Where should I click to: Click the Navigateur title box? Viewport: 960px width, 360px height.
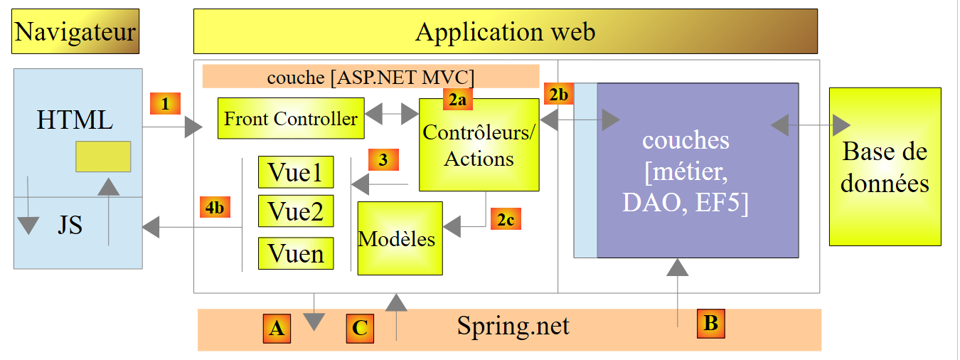pos(75,32)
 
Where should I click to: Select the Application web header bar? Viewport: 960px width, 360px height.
pos(505,32)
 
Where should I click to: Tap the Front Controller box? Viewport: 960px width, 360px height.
pos(291,118)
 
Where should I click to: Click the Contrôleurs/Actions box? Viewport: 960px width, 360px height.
pos(479,145)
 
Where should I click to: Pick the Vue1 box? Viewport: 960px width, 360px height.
pos(295,173)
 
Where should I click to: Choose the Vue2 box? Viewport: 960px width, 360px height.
pos(295,211)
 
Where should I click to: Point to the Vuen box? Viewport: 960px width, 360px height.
pos(295,253)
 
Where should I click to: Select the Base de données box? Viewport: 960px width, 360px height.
pos(885,166)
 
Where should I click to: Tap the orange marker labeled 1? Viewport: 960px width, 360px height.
pos(165,104)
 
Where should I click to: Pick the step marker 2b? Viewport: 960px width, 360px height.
pos(558,94)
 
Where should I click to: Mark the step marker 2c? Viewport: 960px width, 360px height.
pos(505,219)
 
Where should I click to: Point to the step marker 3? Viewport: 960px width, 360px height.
pos(383,160)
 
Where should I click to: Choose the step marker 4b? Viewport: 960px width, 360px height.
pos(215,206)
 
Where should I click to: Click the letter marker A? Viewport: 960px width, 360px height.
pos(277,328)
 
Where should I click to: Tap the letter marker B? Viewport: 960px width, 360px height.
pos(710,323)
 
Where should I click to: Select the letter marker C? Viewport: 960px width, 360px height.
pos(361,328)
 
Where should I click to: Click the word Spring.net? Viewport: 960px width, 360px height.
pos(513,327)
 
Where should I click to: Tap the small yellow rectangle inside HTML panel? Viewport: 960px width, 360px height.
pos(103,157)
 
